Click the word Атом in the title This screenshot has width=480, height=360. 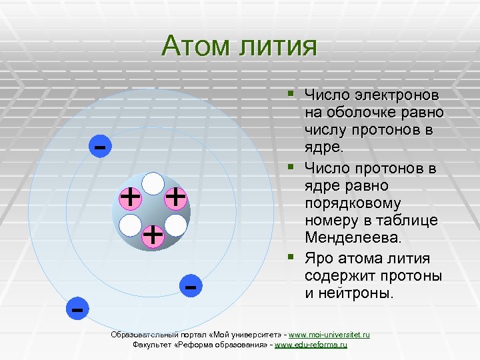click(194, 46)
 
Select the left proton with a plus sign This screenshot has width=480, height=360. click(130, 197)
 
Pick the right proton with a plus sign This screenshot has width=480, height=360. click(175, 197)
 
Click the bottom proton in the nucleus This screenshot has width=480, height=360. click(153, 235)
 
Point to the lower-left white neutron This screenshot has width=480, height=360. click(131, 225)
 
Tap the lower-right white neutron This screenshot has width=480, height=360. click(175, 225)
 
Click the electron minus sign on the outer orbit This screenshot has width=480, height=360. click(77, 309)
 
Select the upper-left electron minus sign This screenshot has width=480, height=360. click(100, 145)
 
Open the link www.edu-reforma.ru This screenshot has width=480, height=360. click(311, 345)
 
